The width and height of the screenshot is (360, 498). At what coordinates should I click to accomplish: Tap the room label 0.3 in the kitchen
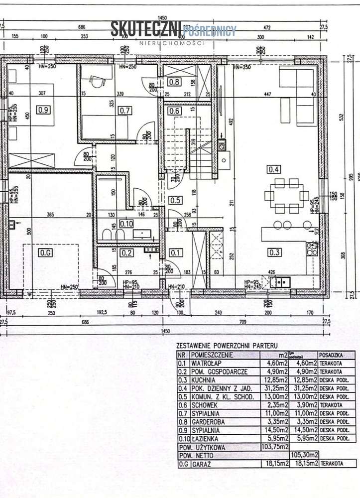273,252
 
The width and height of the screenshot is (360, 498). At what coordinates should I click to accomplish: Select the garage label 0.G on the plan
45,252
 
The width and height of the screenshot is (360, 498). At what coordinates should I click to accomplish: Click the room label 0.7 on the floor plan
124,110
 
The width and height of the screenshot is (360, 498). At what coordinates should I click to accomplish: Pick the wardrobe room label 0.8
173,82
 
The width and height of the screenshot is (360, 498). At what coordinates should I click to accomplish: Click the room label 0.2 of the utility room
126,252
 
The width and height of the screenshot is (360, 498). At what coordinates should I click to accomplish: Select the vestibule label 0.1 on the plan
175,252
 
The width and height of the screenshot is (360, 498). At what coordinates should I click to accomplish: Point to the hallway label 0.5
175,201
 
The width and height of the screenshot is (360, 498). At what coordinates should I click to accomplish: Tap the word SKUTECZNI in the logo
146,30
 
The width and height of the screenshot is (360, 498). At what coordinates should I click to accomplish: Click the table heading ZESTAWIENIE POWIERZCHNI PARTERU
225,345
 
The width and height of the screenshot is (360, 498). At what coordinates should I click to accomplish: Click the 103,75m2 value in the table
275,447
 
